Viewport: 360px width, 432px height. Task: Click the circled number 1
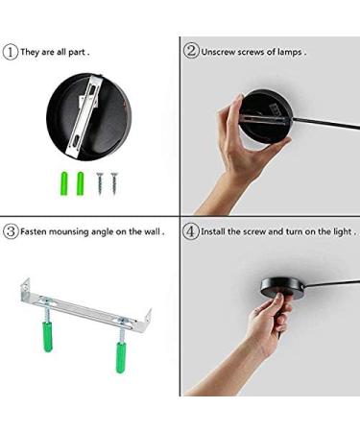pyautogui.click(x=11, y=52)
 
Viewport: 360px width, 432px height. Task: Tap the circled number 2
pyautogui.click(x=191, y=51)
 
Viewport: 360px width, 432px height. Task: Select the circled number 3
pyautogui.click(x=11, y=231)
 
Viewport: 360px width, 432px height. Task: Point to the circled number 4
pyautogui.click(x=191, y=231)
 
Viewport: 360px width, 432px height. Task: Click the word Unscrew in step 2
pyautogui.click(x=218, y=52)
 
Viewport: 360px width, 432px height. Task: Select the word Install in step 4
pyautogui.click(x=213, y=231)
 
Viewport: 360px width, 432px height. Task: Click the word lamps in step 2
pyautogui.click(x=289, y=52)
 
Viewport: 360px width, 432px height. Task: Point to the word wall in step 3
pyautogui.click(x=152, y=231)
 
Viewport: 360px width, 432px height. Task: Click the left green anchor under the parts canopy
pyautogui.click(x=64, y=184)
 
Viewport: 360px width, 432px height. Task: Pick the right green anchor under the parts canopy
pyautogui.click(x=80, y=184)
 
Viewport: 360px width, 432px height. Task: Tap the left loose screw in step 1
pyautogui.click(x=100, y=184)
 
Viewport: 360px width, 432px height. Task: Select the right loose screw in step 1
pyautogui.click(x=114, y=183)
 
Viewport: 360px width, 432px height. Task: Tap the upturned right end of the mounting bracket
pyautogui.click(x=147, y=318)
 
